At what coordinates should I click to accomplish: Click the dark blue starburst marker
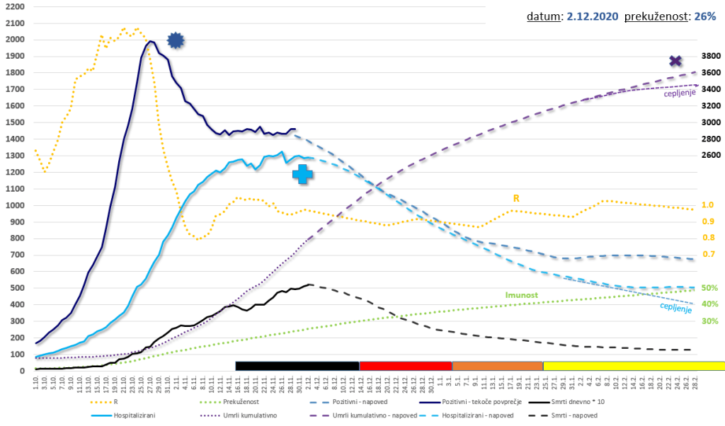tap(176, 41)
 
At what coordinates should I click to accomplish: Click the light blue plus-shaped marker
tap(302, 174)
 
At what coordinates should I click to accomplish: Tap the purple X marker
tap(675, 62)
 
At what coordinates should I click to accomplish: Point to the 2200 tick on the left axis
tap(14, 6)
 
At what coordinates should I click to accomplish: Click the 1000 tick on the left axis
tap(14, 205)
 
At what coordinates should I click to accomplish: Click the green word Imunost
tap(522, 294)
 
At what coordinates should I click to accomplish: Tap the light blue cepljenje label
tap(675, 308)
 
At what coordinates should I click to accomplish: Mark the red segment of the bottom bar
tap(405, 366)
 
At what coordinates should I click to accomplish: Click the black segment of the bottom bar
tap(297, 366)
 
